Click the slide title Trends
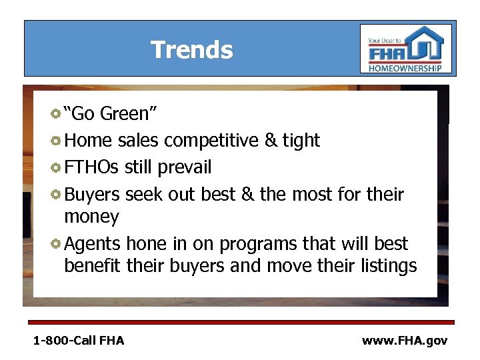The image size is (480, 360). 192,50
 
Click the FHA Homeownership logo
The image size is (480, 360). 405,49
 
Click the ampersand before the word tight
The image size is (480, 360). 271,141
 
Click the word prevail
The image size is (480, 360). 182,167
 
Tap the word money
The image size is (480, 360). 91,217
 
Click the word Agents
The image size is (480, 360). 93,243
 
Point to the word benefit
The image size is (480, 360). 92,266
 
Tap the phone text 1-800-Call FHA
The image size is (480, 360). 79,341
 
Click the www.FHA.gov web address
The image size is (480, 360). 405,341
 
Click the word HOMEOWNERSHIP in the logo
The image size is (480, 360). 405,68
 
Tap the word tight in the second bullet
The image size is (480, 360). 301,141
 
